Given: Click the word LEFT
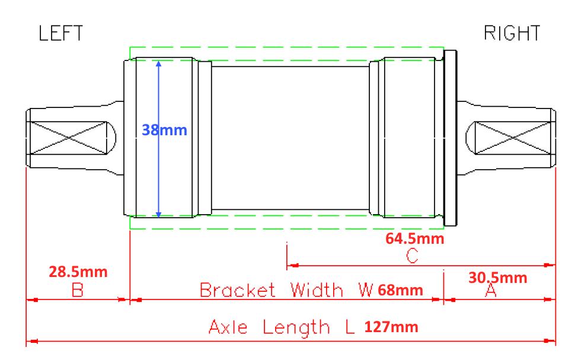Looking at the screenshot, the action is click(61, 33).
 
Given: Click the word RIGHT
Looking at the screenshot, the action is click(512, 33).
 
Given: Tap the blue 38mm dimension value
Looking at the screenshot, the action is click(164, 130).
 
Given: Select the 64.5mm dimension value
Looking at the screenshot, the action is click(415, 238).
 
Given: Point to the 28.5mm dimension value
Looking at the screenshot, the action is click(78, 272).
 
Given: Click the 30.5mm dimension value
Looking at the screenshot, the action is click(497, 278).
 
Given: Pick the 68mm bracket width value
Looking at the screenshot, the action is click(400, 290).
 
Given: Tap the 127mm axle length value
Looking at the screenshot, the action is click(391, 327).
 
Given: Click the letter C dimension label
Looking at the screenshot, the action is click(412, 256).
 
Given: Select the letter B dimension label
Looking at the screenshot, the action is click(78, 290).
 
